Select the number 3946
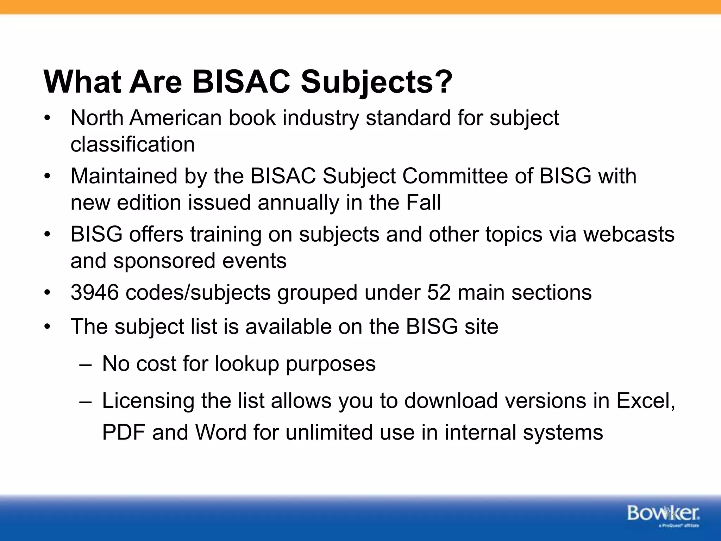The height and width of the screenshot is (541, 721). (95, 292)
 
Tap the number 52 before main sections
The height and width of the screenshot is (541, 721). (439, 292)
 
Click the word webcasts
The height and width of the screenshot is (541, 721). (629, 234)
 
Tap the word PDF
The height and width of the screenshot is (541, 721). (124, 433)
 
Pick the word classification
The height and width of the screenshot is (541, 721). (133, 144)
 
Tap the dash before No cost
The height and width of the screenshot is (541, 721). (85, 364)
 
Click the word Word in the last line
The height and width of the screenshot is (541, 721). (221, 433)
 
